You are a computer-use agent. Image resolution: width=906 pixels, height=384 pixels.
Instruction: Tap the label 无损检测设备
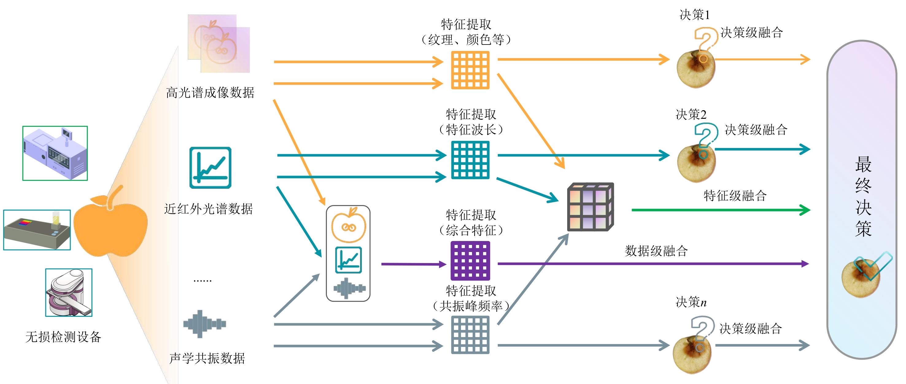pos(63,337)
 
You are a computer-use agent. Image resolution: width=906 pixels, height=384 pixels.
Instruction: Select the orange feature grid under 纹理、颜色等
pos(470,70)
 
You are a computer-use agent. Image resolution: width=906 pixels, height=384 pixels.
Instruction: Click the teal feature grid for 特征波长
pos(470,160)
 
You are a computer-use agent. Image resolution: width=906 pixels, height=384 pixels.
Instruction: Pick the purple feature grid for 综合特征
pos(470,261)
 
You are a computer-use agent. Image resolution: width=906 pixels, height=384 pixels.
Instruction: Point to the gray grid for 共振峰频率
pos(470,334)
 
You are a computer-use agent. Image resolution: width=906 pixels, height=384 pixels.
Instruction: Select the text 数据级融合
pos(656,251)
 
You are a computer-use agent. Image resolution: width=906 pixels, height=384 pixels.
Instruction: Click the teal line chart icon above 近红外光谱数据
pos(210,168)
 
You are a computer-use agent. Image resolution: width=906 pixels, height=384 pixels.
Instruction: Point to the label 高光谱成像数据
pos(210,93)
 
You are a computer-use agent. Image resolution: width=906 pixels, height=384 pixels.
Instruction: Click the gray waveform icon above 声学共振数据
pos(205,324)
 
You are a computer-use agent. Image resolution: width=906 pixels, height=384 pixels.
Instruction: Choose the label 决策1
pos(695,15)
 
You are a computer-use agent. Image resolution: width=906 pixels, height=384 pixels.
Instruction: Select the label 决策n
pos(691,302)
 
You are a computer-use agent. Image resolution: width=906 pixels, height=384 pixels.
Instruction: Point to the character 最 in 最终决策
pos(863,165)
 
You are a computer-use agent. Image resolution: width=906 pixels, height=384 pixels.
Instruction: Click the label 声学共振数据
pos(207,358)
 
